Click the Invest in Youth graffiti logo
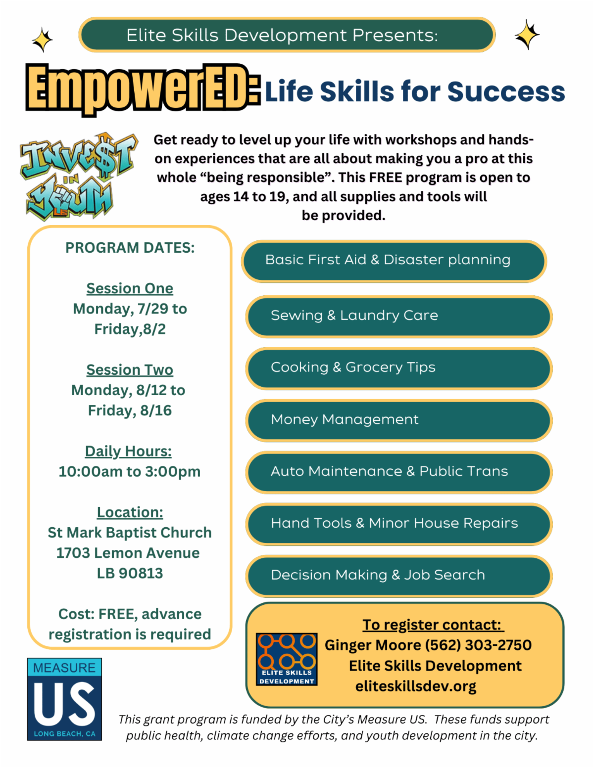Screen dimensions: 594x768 [79, 176]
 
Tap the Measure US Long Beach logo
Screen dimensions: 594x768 [64, 699]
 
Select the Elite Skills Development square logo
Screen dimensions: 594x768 [287, 659]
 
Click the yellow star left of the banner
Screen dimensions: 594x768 [43, 40]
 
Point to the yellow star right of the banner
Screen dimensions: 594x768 [527, 35]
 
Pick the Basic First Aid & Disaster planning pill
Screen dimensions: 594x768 [394, 261]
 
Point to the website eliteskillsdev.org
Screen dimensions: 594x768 [416, 686]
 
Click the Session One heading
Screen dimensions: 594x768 [130, 288]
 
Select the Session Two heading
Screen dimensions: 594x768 [130, 370]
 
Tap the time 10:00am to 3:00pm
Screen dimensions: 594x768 [130, 471]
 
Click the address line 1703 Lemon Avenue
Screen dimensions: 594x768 [128, 553]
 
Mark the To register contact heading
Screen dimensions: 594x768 [433, 625]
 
